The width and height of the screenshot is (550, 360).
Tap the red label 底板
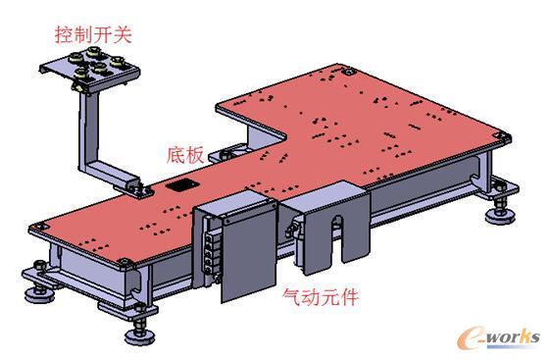coord(184,156)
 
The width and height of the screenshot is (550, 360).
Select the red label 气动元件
coord(319,293)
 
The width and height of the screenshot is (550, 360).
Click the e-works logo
coord(498,336)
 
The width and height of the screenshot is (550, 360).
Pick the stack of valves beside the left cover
coord(208,249)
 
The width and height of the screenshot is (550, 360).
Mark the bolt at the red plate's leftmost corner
coord(37,229)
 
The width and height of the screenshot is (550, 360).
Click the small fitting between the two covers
coord(292,230)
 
